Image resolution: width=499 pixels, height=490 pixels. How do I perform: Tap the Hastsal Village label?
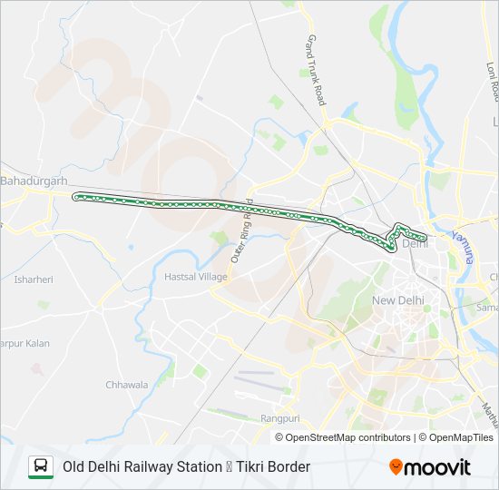195,276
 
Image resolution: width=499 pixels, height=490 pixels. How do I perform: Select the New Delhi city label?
397,300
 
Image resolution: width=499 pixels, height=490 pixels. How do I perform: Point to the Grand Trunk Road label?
315,71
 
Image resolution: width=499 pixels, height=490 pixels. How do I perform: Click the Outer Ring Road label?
242,234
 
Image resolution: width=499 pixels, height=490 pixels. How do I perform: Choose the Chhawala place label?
126,385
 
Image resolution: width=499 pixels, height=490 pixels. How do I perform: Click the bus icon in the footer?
41,466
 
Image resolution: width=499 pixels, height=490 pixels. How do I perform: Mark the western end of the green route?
75,196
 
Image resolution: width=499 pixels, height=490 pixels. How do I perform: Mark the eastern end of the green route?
425,236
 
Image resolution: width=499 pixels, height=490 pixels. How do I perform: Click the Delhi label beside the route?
415,243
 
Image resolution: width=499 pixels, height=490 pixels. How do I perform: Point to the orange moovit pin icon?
396,467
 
